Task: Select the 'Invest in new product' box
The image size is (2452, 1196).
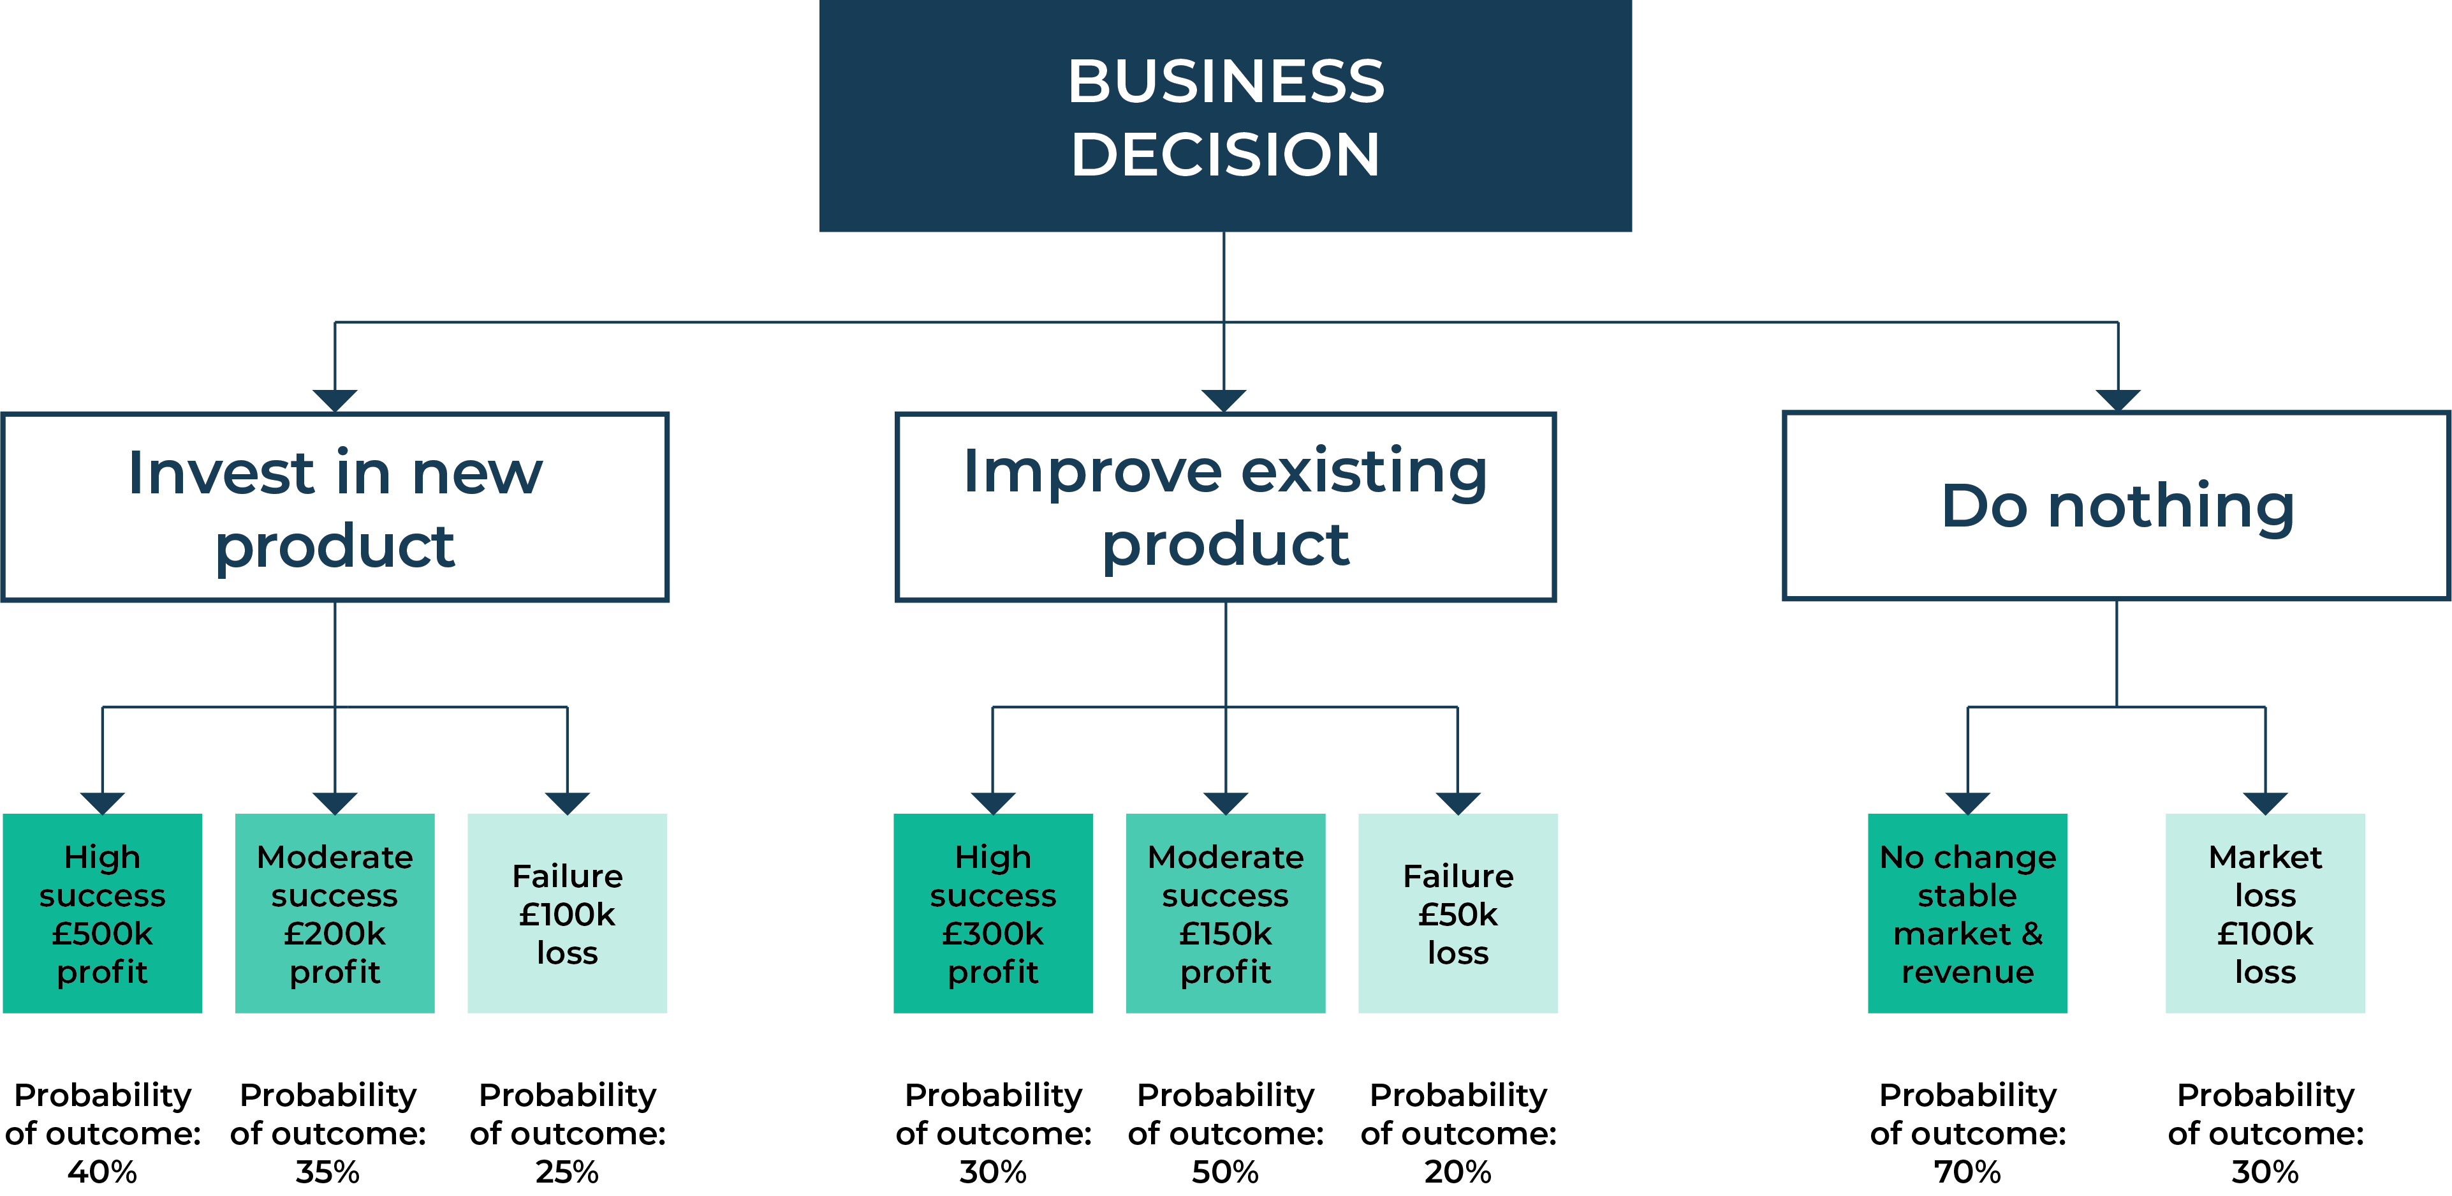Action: click(335, 507)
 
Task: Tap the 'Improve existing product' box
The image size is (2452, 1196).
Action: click(1225, 507)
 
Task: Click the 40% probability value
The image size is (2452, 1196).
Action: click(103, 1171)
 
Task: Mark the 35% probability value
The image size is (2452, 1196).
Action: click(327, 1171)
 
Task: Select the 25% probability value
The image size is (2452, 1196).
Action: click(568, 1171)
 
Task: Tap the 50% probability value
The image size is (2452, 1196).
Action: click(1225, 1171)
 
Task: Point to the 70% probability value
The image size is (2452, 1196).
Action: click(1967, 1171)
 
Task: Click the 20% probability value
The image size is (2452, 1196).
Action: click(1457, 1171)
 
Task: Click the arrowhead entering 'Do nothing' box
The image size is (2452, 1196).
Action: click(2118, 400)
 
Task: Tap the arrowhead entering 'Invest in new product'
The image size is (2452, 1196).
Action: click(335, 400)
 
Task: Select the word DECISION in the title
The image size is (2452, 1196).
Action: click(1225, 154)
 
